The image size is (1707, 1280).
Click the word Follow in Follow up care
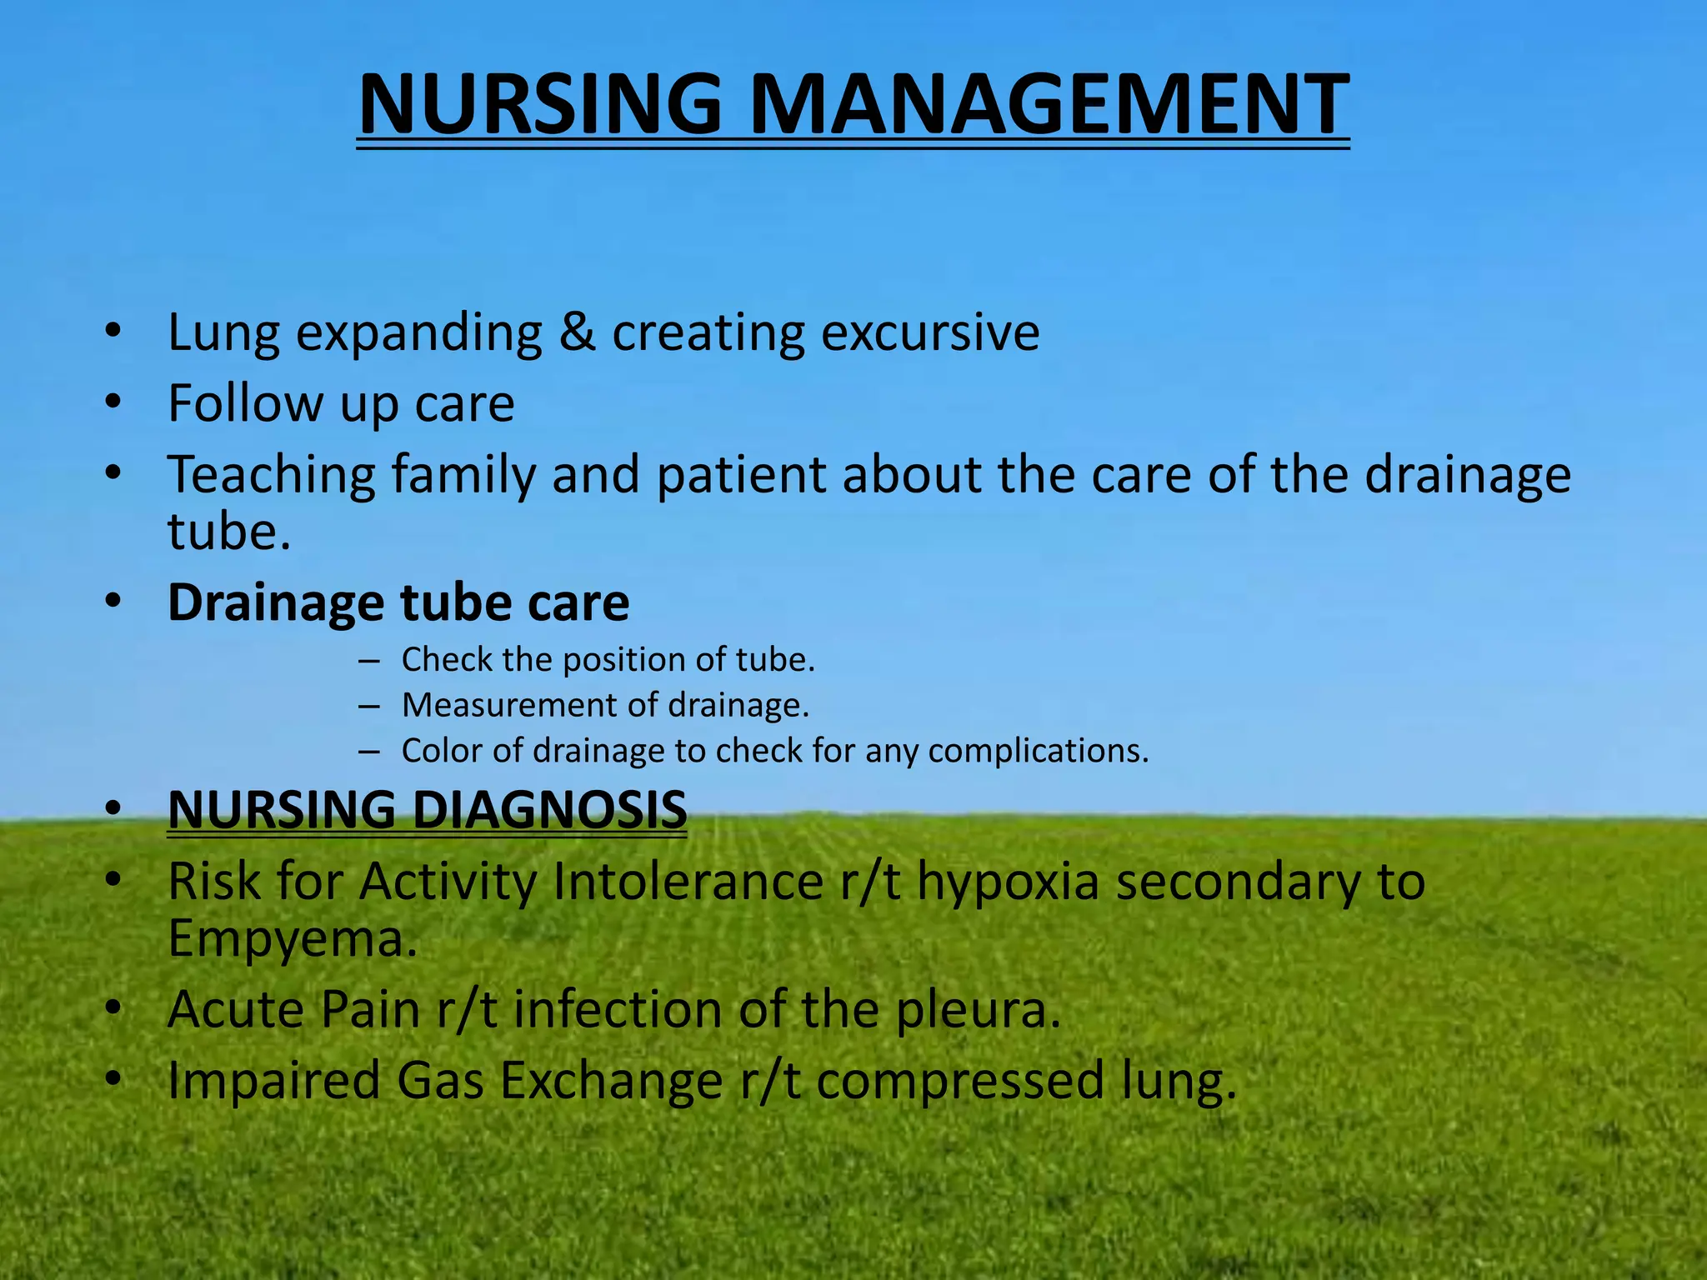[x=245, y=403]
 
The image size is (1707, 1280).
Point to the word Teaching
[x=272, y=476]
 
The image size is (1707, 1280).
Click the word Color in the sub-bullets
[x=439, y=751]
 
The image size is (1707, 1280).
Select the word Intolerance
[x=688, y=882]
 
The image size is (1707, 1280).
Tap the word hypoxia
[x=1008, y=882]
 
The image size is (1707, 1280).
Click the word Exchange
[x=611, y=1081]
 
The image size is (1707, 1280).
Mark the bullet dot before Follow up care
[x=113, y=402]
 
